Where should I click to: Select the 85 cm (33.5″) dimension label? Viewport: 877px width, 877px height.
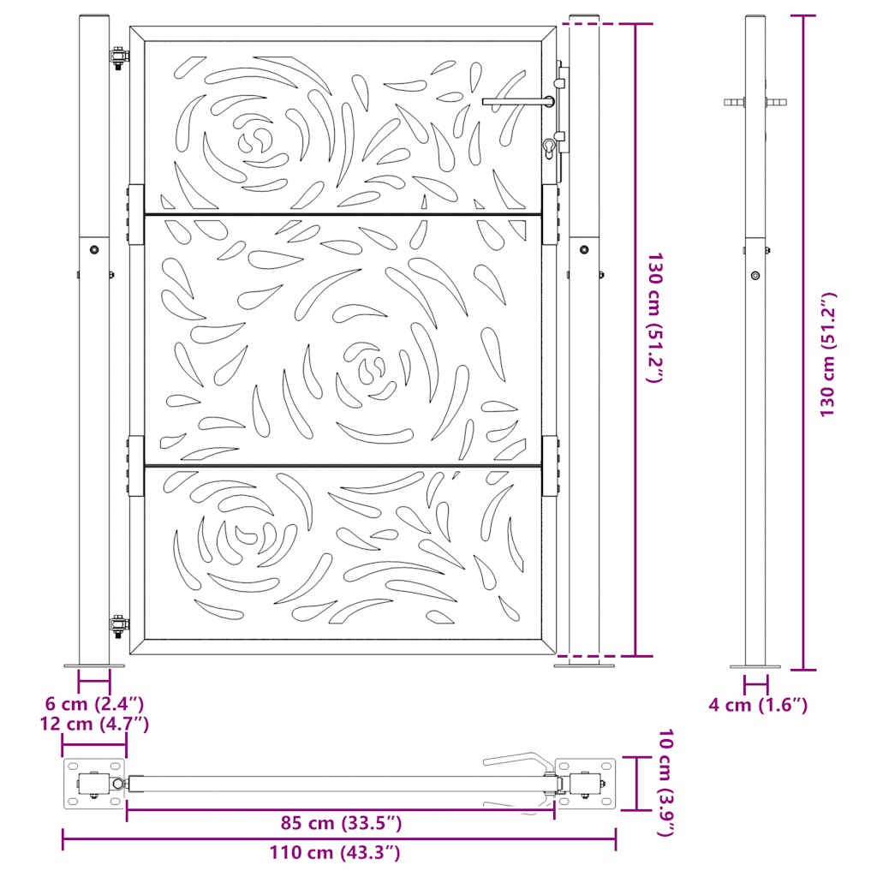click(340, 824)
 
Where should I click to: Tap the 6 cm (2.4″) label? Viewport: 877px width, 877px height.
click(94, 703)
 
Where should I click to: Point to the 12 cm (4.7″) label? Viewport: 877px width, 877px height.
click(94, 724)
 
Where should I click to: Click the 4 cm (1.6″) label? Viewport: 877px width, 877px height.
click(758, 705)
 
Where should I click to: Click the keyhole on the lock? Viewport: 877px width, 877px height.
click(547, 151)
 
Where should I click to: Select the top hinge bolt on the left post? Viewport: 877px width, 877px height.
click(118, 59)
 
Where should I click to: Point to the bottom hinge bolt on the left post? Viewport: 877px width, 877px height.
click(118, 624)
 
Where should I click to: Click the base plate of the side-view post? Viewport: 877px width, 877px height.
click(755, 666)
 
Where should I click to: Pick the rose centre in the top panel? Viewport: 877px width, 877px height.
click(255, 139)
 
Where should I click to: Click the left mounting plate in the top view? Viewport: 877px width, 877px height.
click(94, 784)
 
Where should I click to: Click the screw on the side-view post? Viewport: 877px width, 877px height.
click(755, 275)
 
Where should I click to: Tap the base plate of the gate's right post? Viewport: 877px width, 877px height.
click(584, 663)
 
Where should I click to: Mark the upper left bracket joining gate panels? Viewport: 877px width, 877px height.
click(136, 214)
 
